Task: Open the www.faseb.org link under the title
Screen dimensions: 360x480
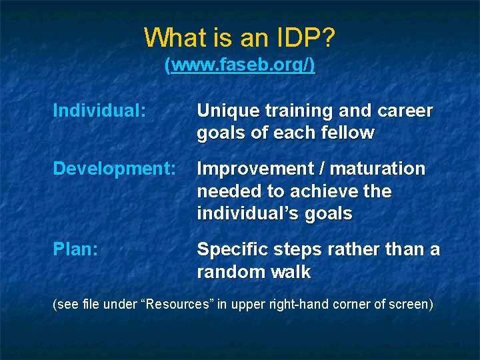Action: pos(240,66)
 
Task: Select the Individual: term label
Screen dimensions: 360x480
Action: pos(99,111)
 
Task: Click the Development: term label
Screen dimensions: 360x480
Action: pos(114,169)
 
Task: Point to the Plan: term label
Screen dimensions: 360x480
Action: pos(76,249)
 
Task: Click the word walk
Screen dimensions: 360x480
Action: pos(291,271)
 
